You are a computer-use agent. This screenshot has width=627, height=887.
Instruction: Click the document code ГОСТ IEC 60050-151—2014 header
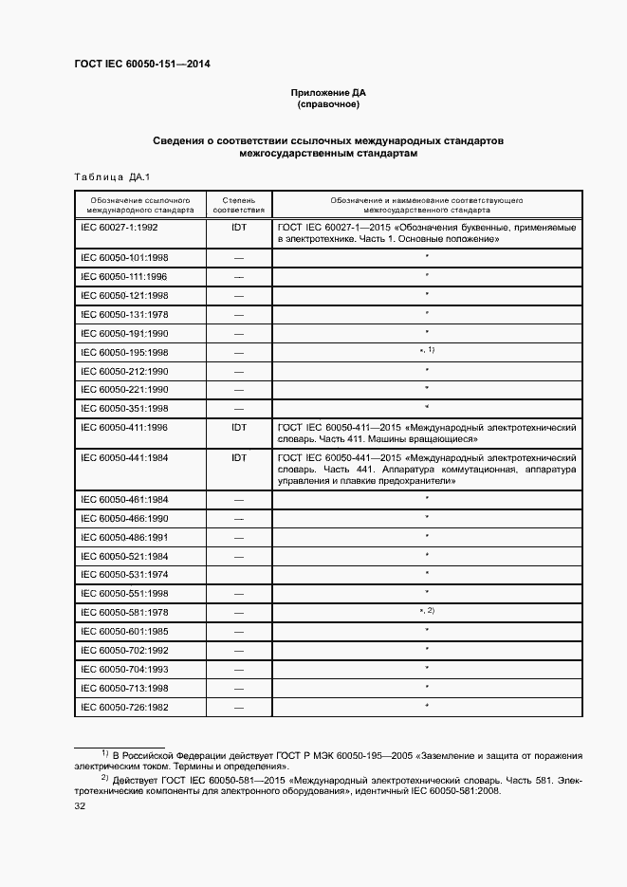tap(141, 65)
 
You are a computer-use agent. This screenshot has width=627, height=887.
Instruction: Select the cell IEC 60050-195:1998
tap(123, 352)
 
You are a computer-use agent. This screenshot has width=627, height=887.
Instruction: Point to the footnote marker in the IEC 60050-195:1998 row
tap(427, 351)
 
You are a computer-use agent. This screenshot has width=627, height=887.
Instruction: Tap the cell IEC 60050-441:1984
tap(123, 457)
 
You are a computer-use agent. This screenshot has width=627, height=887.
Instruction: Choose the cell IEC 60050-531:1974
tap(123, 574)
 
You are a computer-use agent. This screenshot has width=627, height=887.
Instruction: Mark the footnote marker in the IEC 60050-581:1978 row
tap(427, 610)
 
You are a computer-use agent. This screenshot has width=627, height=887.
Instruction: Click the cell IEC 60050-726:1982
tap(123, 707)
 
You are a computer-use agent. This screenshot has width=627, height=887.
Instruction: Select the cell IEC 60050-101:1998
tap(123, 258)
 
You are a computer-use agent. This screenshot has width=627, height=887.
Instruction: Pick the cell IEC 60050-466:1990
tap(123, 518)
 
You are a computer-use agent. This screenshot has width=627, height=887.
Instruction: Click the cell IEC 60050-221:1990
tap(123, 390)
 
